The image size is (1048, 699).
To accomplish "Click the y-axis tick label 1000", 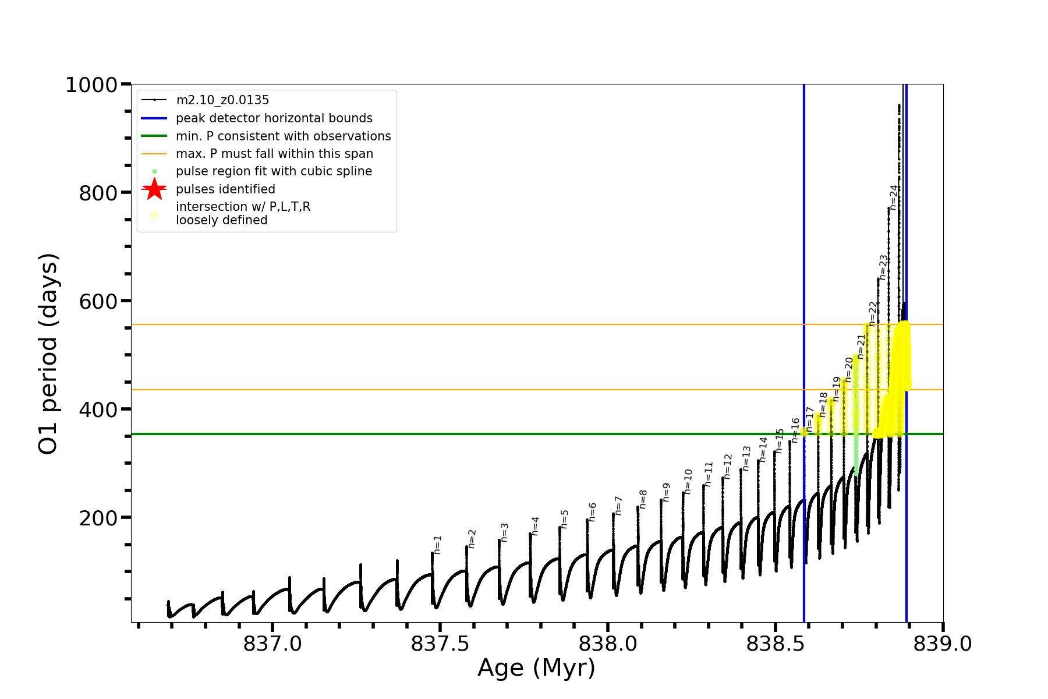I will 91,85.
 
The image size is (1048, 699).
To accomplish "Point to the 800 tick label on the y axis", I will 98,193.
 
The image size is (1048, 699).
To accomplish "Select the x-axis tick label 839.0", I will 942,644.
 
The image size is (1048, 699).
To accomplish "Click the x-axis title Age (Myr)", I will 536,668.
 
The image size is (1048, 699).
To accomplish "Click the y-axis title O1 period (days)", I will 48,354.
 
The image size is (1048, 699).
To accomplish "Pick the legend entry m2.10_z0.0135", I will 222,100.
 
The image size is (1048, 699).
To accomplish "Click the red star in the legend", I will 154,189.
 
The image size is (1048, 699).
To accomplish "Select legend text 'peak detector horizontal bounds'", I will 274,118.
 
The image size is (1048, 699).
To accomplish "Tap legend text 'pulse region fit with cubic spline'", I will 274,171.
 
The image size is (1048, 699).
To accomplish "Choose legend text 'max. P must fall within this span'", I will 274,154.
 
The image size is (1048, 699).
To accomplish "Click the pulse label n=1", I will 438,545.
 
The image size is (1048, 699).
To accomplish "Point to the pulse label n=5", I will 564,519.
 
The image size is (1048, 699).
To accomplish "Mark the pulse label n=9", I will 666,492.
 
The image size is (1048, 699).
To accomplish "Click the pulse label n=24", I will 894,197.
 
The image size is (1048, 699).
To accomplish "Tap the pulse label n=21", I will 862,346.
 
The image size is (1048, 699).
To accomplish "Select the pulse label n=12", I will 727,467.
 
